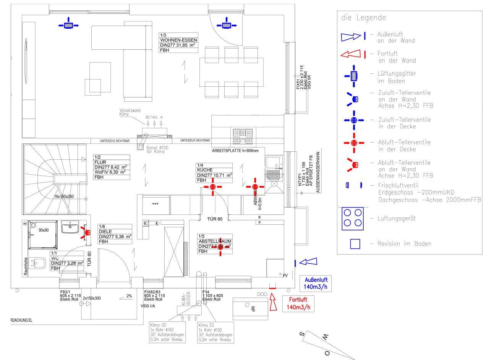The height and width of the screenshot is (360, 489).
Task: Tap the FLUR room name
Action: pos(100,162)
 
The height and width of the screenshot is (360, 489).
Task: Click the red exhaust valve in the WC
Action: pos(87,232)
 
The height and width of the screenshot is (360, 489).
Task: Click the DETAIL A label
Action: pos(154,117)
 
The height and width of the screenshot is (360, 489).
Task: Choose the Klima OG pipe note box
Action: pos(167,332)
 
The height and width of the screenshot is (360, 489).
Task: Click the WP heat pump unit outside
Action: pos(252,308)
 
